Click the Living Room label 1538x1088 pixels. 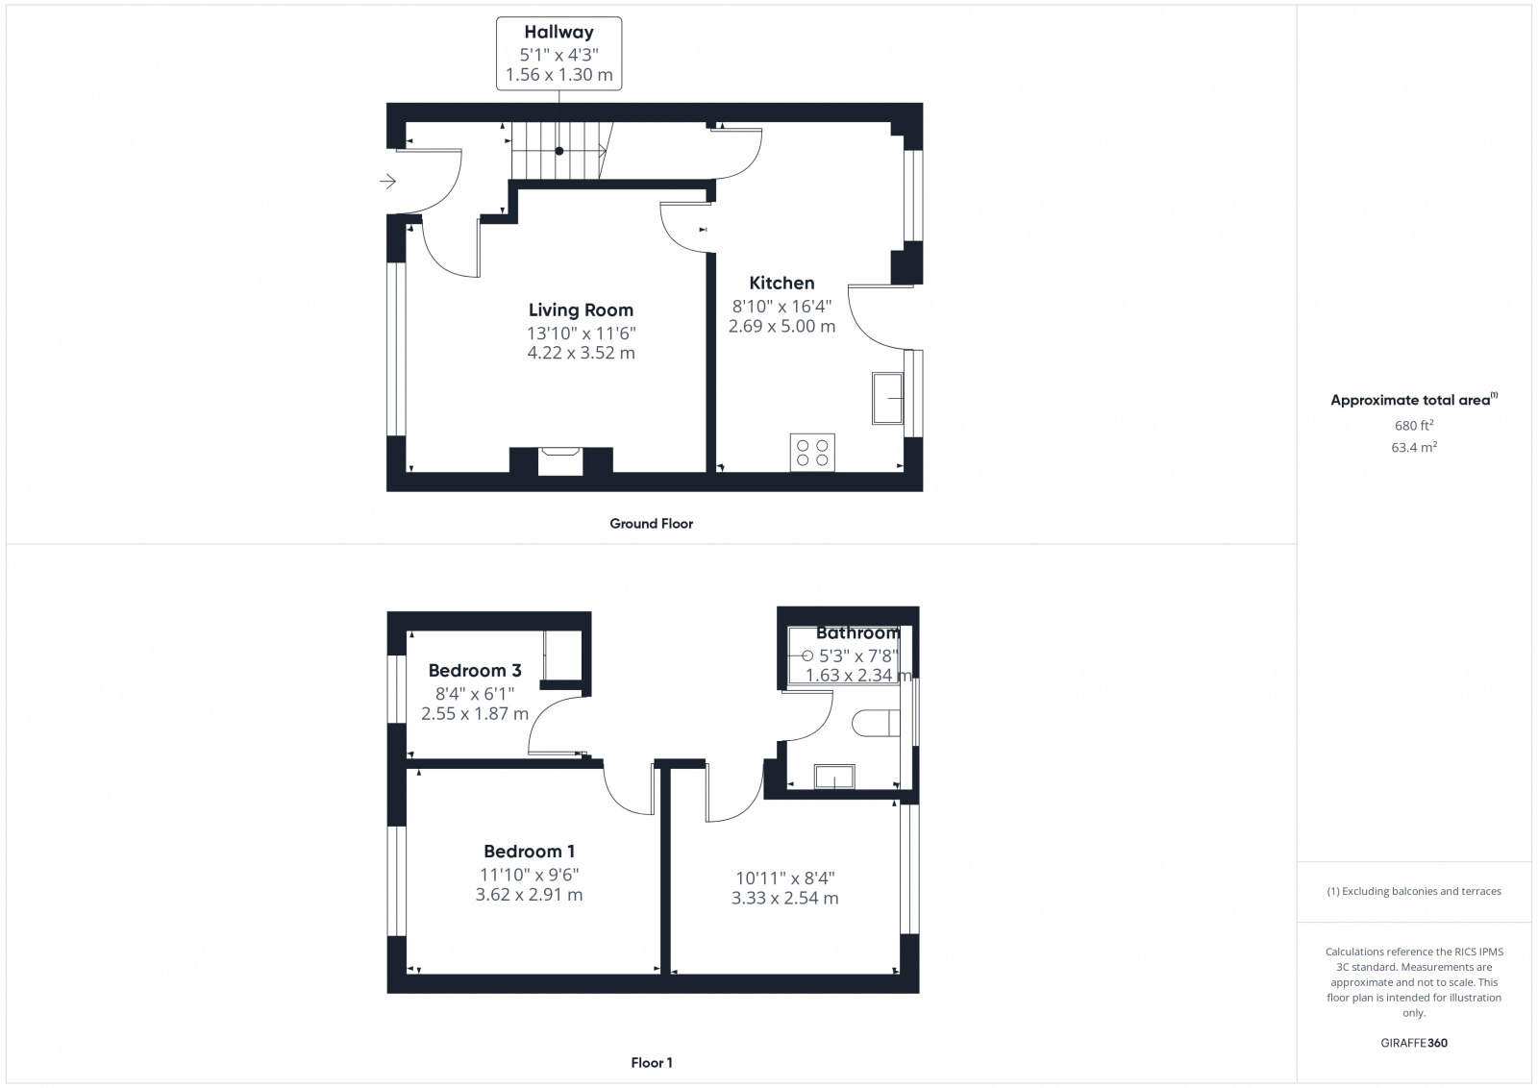[581, 309]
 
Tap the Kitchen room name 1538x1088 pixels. [781, 283]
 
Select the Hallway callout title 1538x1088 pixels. [558, 32]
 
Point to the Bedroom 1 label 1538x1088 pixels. [530, 851]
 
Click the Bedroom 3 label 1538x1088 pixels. [475, 670]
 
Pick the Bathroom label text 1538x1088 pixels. [857, 632]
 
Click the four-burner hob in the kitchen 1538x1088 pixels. [812, 452]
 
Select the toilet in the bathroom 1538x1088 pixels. [876, 724]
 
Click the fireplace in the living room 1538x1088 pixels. [559, 460]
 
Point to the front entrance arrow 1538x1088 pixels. [387, 181]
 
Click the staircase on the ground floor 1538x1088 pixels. [558, 151]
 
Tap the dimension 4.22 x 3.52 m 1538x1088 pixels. [581, 353]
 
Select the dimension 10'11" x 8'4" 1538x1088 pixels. [784, 878]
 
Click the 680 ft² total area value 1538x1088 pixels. [1414, 425]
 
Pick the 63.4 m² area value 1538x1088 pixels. [1414, 447]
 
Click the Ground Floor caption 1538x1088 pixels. [651, 524]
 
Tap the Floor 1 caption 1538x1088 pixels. [651, 1063]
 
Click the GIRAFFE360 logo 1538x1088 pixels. [1414, 1043]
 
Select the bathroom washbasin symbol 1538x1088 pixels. [834, 776]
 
